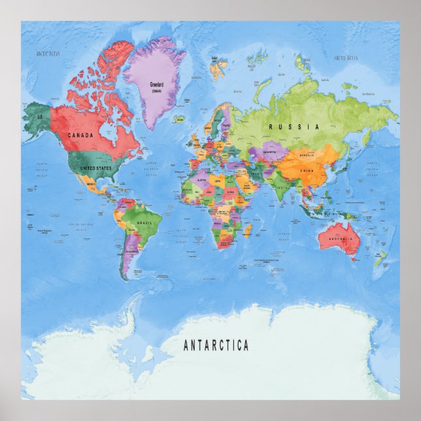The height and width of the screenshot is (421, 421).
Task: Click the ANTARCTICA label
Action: pyautogui.click(x=216, y=345)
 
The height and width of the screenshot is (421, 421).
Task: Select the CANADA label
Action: pyautogui.click(x=79, y=135)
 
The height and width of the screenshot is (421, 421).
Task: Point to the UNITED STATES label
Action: pyautogui.click(x=95, y=168)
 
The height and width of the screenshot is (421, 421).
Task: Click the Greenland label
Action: pyautogui.click(x=156, y=84)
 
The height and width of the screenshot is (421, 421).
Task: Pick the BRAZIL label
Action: pyautogui.click(x=144, y=224)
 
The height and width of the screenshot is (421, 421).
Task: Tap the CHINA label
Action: pyautogui.click(x=307, y=171)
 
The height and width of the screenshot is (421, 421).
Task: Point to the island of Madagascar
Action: pyautogui.click(x=248, y=230)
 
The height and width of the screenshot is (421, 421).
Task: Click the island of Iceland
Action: pyautogui.click(x=179, y=119)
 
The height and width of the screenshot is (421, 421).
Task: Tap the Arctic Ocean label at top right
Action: pyautogui.click(x=346, y=58)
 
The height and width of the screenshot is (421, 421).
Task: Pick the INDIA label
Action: pyautogui.click(x=282, y=188)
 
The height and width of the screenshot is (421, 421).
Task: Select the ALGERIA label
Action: pyautogui.click(x=201, y=178)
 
